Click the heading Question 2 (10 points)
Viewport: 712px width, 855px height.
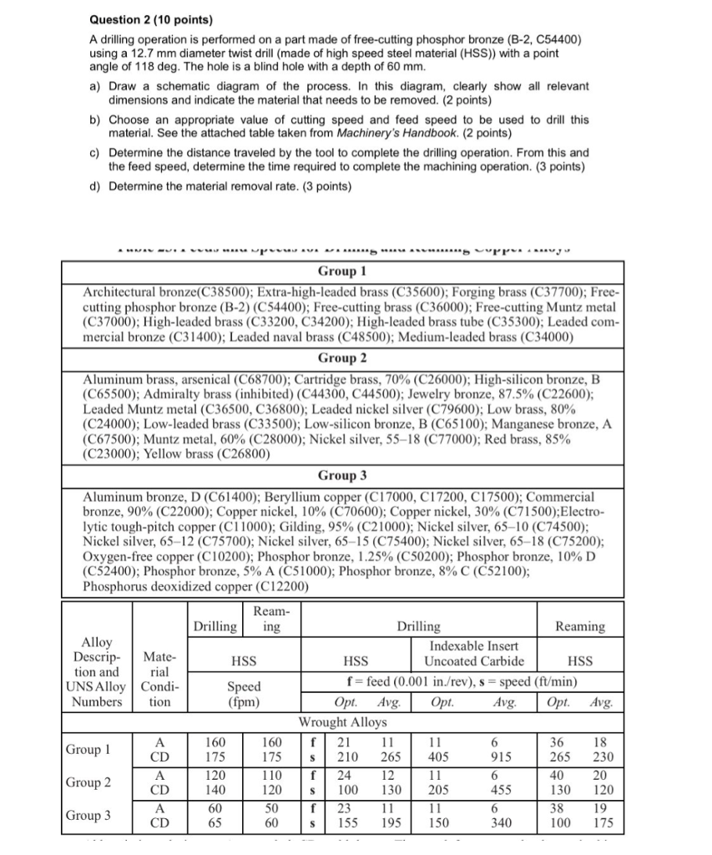coord(139,19)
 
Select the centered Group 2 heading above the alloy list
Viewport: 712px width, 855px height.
coord(342,358)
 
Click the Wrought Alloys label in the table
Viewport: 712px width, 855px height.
coord(343,721)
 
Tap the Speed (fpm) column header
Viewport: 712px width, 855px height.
coord(244,694)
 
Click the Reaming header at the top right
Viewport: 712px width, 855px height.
coord(580,626)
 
